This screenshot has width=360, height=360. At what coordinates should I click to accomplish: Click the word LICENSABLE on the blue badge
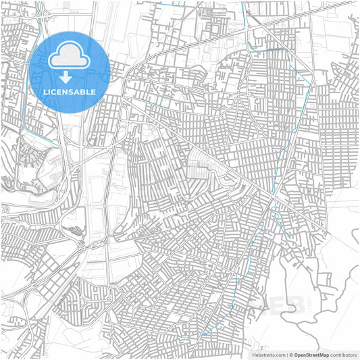pos(70,92)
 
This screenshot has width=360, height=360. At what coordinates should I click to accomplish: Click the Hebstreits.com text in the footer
pos(268,354)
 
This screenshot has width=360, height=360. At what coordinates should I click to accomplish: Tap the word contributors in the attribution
pos(343,354)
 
